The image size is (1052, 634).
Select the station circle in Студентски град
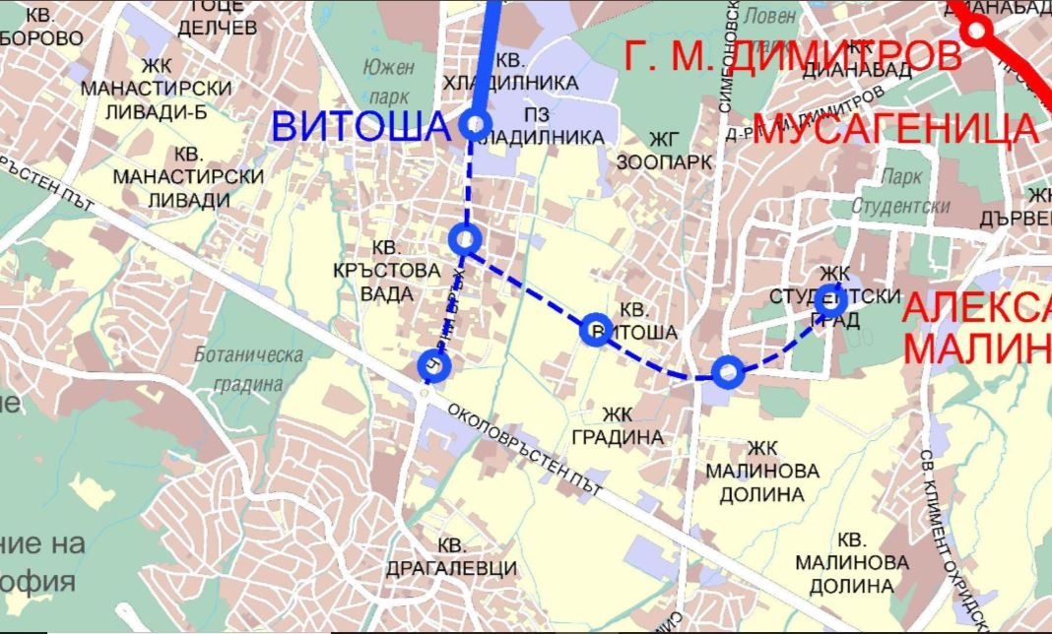pos(830,302)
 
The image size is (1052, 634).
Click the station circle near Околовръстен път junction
pos(433,365)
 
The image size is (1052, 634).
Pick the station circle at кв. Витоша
pos(594,329)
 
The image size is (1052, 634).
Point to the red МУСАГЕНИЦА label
pos(895,129)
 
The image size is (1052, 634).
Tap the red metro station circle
pos(977,31)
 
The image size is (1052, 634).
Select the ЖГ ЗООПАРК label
pos(665,150)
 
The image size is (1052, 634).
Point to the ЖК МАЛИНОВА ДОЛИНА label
pos(761,471)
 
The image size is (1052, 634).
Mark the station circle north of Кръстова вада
pos(464,238)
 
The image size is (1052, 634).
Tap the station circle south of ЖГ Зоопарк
pos(727,371)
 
